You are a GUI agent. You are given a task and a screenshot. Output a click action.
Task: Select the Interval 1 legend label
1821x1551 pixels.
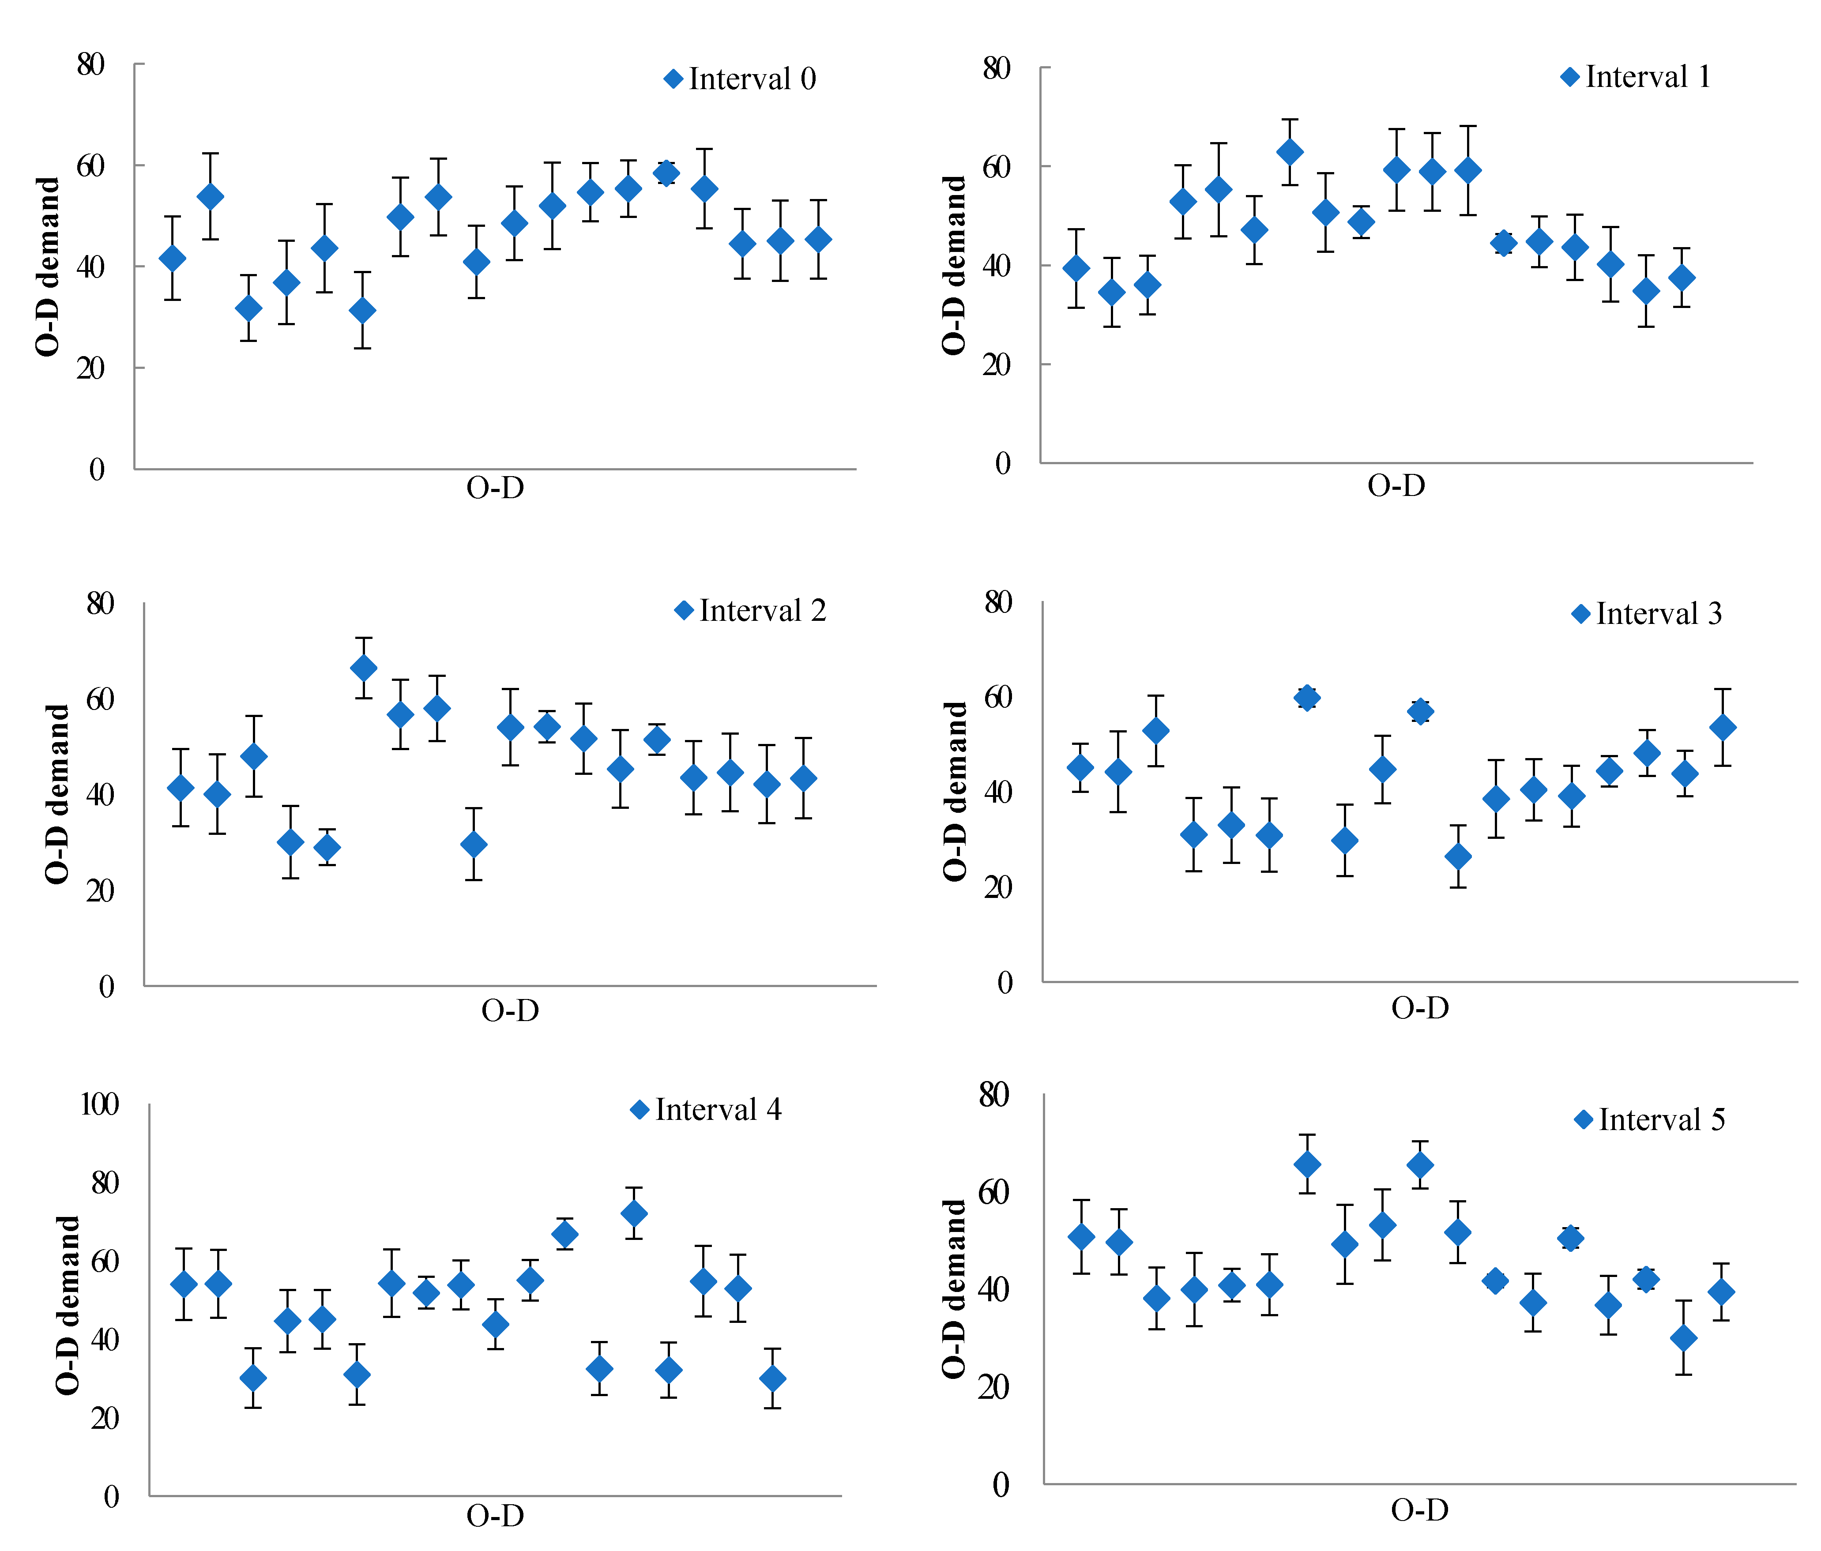[1648, 77]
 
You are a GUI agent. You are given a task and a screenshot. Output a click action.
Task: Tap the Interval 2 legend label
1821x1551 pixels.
[762, 611]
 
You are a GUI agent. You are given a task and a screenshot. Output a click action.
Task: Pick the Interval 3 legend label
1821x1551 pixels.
[1659, 614]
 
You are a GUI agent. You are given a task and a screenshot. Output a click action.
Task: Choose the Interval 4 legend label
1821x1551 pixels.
[717, 1110]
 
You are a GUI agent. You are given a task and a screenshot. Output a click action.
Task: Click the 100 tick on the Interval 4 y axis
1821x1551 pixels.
[99, 1104]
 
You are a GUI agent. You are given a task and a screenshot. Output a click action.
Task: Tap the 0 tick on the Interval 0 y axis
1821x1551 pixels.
[97, 469]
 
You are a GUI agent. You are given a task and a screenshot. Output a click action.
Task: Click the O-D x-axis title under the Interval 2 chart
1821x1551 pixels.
[510, 1010]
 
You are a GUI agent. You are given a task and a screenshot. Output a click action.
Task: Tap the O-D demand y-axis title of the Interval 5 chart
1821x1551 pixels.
[954, 1289]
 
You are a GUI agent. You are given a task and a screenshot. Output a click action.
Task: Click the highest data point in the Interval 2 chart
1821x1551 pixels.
[363, 668]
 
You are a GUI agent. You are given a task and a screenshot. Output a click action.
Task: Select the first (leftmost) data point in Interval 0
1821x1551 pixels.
[172, 259]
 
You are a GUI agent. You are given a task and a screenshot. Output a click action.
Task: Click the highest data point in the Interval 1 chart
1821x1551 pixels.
[1289, 152]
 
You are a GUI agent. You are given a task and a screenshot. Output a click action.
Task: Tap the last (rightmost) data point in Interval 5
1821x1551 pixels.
[1721, 1292]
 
